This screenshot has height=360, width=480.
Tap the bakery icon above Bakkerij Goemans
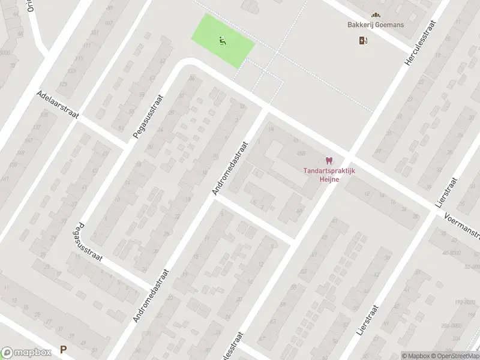(x=376, y=15)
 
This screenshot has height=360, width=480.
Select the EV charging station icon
(x=362, y=41)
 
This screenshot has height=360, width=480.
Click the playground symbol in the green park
(x=223, y=41)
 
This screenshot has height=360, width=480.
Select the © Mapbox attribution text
(x=416, y=356)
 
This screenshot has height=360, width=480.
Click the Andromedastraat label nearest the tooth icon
(x=230, y=169)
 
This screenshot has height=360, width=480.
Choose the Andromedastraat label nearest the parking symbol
(x=151, y=295)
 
